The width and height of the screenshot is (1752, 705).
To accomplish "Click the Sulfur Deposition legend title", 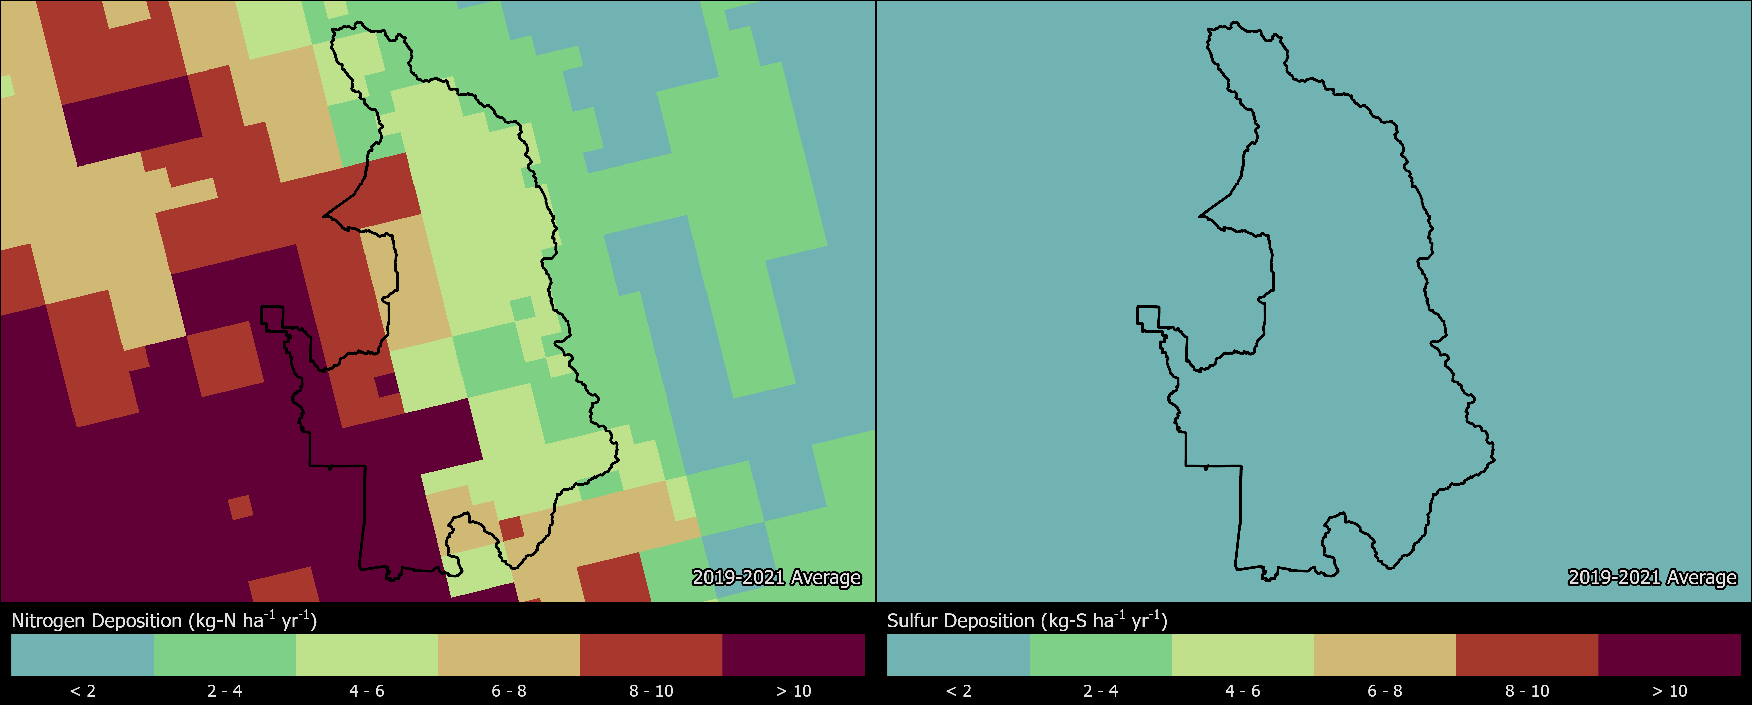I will [1027, 621].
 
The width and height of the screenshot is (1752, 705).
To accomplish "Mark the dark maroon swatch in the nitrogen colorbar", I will [793, 655].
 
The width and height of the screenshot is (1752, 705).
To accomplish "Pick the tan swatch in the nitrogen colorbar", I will [509, 655].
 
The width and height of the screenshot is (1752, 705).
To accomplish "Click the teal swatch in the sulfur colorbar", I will [958, 655].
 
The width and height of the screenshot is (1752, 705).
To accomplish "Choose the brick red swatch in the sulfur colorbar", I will [1527, 655].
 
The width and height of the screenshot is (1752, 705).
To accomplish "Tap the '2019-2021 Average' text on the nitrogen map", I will [776, 578].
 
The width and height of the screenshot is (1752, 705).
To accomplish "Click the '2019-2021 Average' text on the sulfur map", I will [1652, 578].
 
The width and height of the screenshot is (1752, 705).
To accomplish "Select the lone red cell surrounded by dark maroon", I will [240, 507].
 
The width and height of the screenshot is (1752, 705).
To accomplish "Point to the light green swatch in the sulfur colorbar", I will [1243, 655].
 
